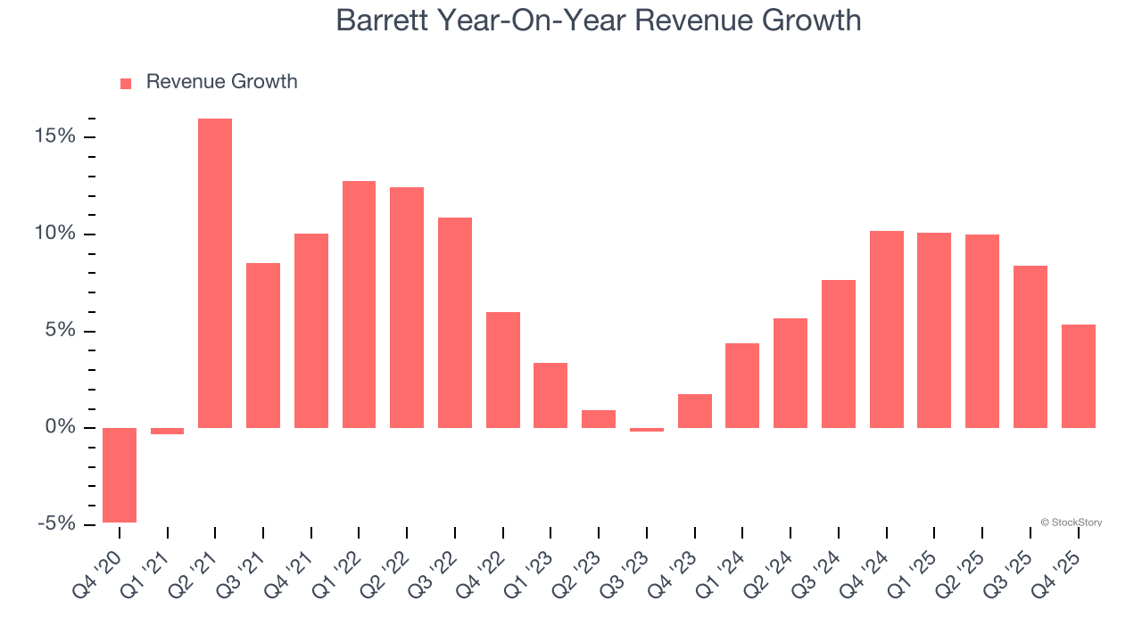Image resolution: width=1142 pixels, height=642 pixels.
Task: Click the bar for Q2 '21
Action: click(x=215, y=273)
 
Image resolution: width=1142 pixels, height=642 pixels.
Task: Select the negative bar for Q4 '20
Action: click(x=120, y=475)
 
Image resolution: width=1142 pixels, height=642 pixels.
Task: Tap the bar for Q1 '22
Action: click(x=359, y=304)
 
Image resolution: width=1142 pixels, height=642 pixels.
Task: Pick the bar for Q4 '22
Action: click(x=502, y=370)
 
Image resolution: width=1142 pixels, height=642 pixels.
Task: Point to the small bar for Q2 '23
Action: click(x=599, y=419)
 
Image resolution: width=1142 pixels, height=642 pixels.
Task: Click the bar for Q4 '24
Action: click(x=887, y=329)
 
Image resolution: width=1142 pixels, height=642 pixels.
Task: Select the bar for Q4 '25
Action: click(x=1078, y=376)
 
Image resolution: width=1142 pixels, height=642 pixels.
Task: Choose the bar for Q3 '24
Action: click(x=839, y=354)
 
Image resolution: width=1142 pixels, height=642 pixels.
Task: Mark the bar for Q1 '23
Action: click(x=550, y=395)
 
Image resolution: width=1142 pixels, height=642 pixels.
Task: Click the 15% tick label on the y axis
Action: click(x=56, y=137)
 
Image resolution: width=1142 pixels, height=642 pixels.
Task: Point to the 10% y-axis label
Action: click(x=56, y=235)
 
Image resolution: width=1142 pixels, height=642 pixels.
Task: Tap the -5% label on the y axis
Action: click(x=55, y=524)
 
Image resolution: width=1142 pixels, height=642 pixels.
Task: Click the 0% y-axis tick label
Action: click(x=61, y=428)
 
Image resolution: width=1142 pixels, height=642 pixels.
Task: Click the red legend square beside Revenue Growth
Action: click(x=126, y=83)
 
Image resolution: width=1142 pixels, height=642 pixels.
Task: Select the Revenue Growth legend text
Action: click(x=221, y=82)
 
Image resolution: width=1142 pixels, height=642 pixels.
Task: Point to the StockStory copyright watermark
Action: click(x=1071, y=523)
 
